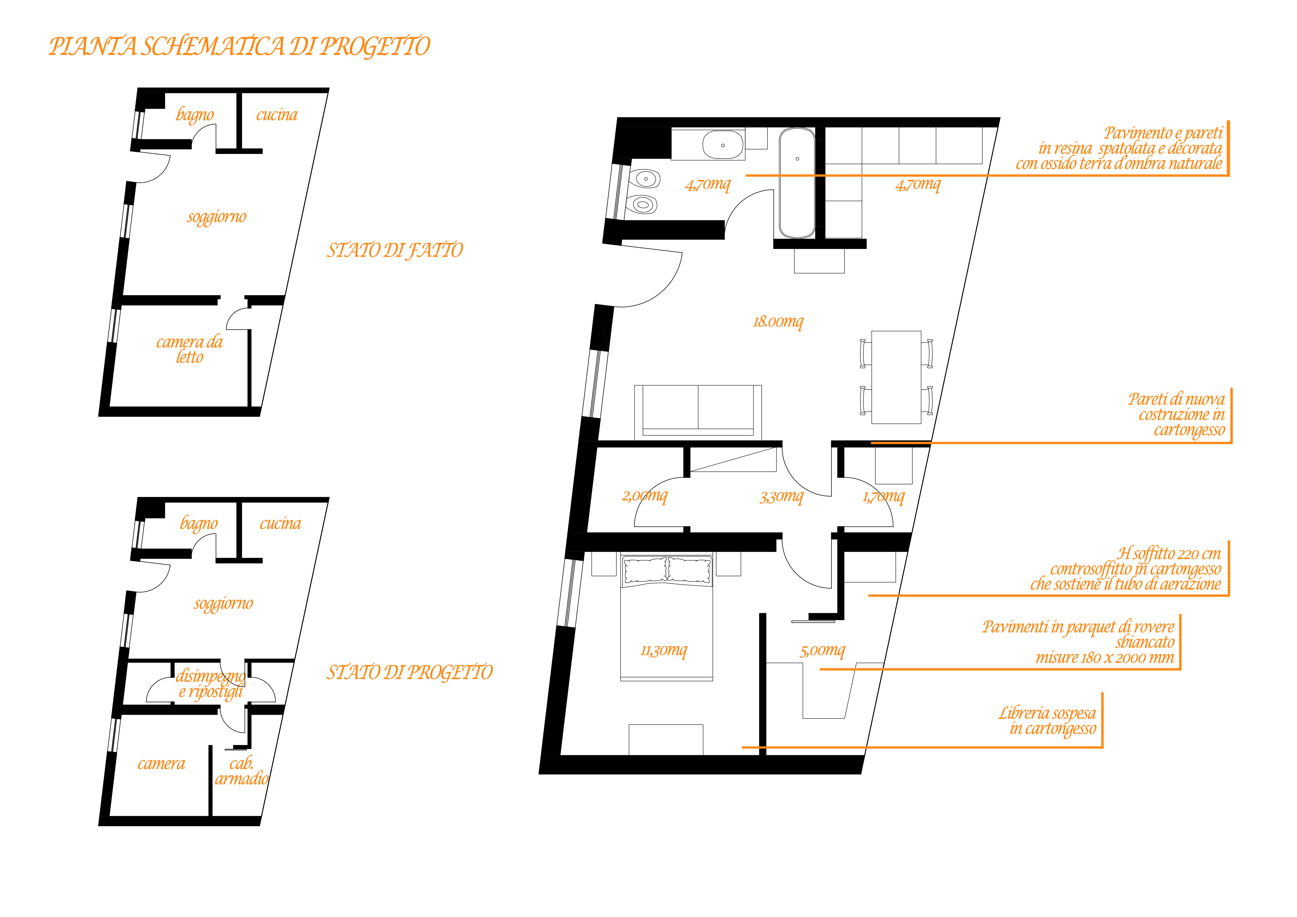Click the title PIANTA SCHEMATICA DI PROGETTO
pos(239,46)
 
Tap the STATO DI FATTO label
pos(395,250)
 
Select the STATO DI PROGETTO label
pos(410,672)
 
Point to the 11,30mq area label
pos(664,650)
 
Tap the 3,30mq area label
pos(781,497)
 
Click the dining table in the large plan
pos(897,377)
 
